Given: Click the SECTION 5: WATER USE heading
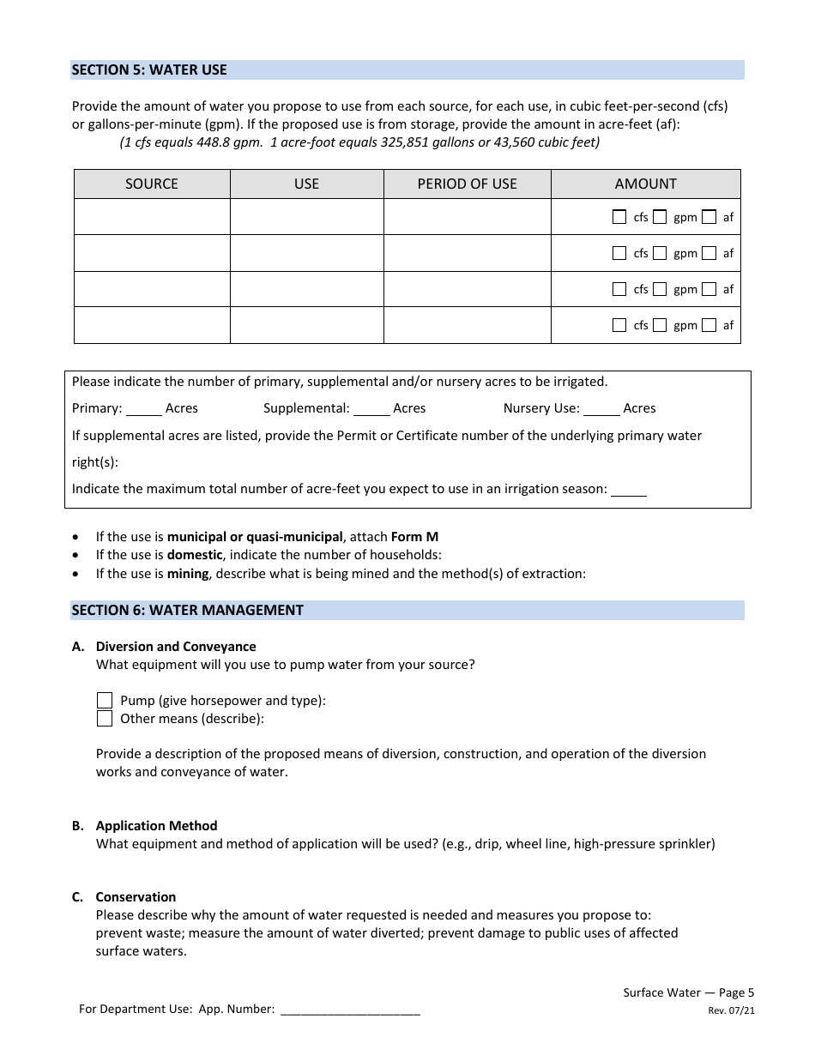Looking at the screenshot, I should (149, 69).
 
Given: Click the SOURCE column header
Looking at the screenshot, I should (152, 184).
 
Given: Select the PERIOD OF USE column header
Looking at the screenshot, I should (467, 184).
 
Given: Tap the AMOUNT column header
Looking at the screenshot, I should (645, 184).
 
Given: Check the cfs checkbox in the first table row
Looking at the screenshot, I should (619, 217).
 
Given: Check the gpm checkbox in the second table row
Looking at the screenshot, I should (660, 253).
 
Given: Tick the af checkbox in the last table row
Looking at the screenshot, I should (709, 325).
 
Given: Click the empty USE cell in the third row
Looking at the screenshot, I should (306, 289).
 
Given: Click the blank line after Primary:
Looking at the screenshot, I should (143, 409).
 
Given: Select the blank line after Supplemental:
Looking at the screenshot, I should (371, 409).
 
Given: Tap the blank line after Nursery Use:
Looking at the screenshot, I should (601, 409).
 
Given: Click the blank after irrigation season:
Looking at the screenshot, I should (629, 490).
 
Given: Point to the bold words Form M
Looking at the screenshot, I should (414, 537).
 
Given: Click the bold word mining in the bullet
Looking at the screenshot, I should (188, 573).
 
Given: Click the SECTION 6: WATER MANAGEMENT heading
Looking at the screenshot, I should (187, 610).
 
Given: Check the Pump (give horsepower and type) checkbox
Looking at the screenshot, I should (105, 700).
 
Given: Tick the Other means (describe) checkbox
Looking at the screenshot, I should (105, 719).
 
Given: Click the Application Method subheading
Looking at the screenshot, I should (156, 825).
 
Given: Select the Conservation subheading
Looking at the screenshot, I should (136, 896).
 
